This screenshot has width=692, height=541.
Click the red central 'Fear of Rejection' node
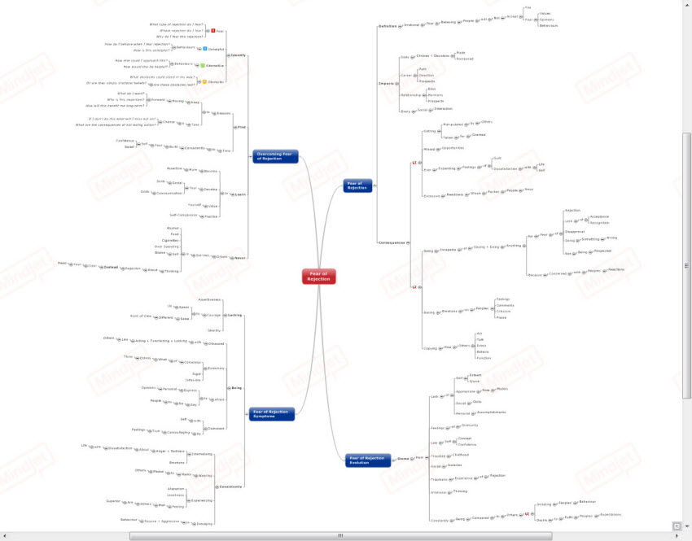click(318, 277)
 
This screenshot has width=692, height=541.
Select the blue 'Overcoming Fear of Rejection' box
click(276, 155)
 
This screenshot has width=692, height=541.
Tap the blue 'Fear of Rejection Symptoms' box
click(272, 412)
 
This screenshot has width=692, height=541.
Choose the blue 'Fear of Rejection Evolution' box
click(368, 460)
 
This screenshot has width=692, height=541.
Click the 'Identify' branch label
click(239, 55)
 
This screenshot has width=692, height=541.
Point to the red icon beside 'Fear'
click(213, 31)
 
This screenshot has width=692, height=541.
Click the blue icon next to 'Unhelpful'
click(205, 48)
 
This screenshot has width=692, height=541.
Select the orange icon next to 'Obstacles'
click(204, 82)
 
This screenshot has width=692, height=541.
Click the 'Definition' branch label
click(388, 26)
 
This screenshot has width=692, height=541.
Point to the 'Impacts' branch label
click(387, 84)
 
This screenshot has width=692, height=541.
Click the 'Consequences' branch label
click(391, 242)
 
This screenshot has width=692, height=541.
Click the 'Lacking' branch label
click(235, 314)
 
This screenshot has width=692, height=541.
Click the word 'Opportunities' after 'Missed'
click(453, 149)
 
